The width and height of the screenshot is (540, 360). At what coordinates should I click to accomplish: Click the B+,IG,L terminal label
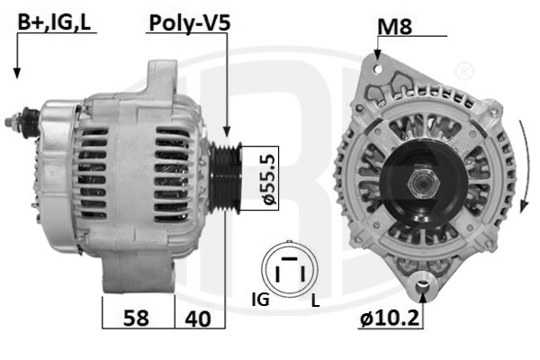click(x=54, y=22)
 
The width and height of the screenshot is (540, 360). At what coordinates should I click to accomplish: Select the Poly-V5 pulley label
click(x=189, y=22)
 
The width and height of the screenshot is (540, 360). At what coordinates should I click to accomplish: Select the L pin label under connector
click(x=314, y=301)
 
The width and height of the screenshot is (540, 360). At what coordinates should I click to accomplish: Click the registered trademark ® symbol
click(x=463, y=70)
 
